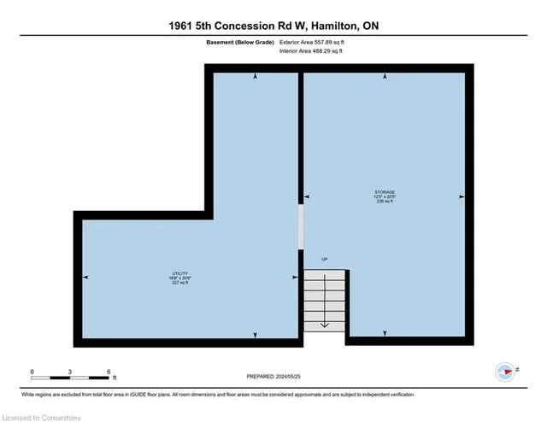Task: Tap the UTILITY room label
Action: coord(179,273)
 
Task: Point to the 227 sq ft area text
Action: coord(179,283)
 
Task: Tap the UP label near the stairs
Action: coord(324,259)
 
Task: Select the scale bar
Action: coord(71,377)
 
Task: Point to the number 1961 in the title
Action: coord(185,26)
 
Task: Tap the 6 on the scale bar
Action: coord(109,372)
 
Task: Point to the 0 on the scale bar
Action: coord(32,372)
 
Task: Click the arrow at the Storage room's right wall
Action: coord(462,197)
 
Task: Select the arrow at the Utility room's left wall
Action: coord(85,278)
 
